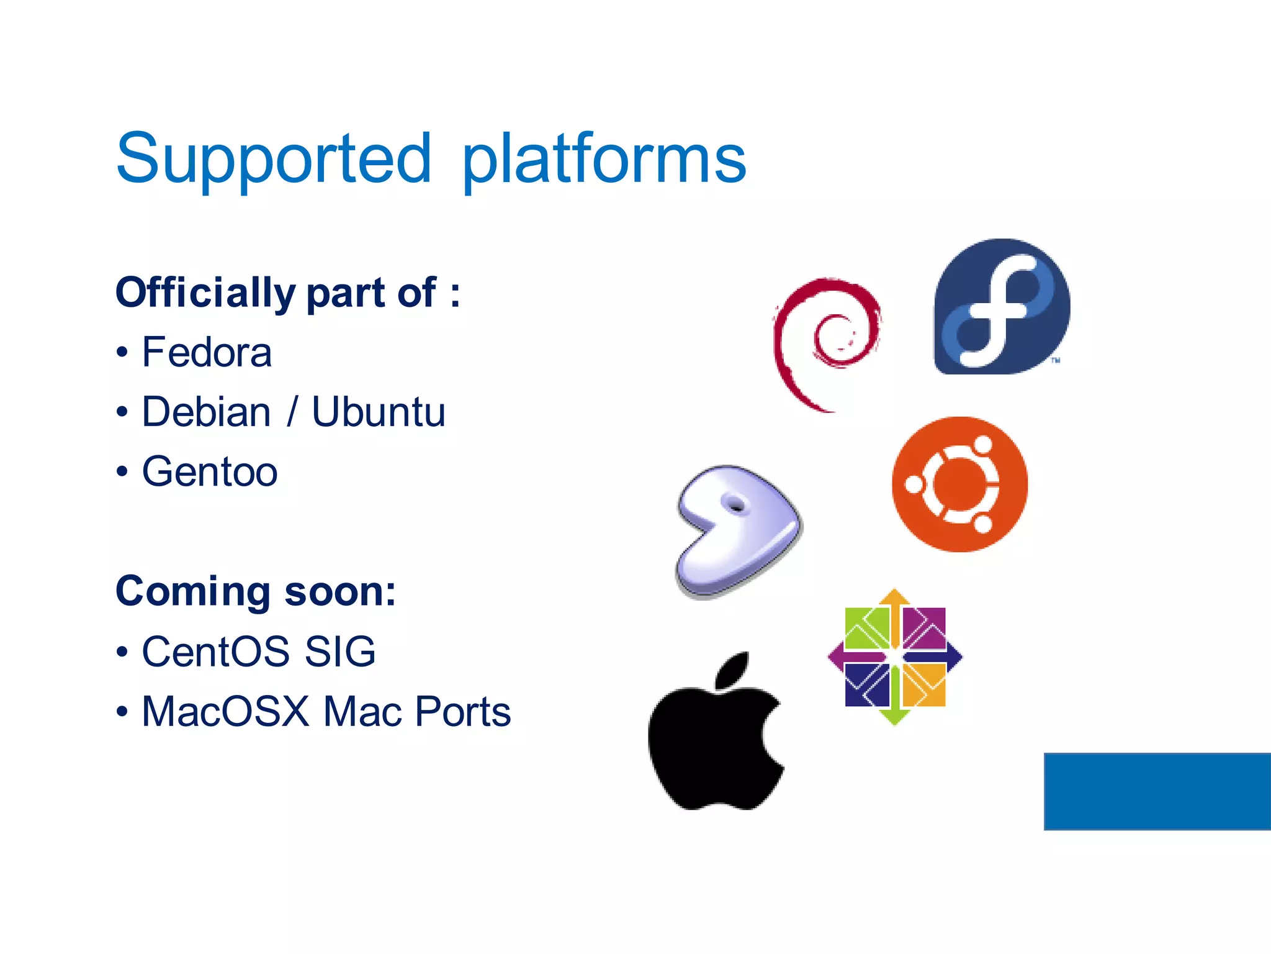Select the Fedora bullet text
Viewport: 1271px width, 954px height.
207,352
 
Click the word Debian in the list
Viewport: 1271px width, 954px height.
206,412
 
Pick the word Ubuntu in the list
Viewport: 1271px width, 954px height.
378,412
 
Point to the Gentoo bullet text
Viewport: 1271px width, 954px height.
209,471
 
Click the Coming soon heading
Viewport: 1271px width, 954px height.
255,591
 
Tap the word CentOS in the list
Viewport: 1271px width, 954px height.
215,652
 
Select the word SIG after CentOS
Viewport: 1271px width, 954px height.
340,652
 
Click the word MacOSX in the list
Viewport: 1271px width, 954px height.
225,711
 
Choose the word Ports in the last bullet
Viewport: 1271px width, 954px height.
462,711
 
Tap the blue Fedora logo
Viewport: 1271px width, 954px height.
1001,307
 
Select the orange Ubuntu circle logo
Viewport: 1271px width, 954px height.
959,484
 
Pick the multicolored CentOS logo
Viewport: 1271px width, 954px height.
894,656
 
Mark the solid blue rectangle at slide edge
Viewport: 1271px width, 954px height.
1157,791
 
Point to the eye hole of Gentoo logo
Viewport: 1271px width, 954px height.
736,506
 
